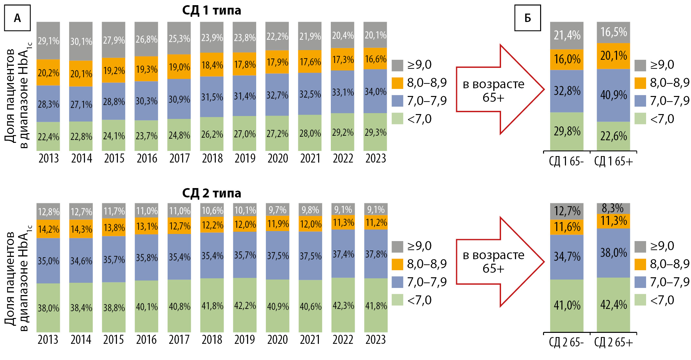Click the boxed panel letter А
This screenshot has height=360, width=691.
(x=17, y=18)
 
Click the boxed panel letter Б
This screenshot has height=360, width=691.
(x=528, y=18)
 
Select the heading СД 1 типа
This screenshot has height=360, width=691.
(x=212, y=10)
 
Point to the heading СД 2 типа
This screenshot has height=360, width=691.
(x=212, y=193)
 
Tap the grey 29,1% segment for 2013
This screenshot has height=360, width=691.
(x=48, y=41)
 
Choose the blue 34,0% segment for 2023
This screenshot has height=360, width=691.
(x=375, y=91)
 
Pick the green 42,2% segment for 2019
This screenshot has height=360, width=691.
(x=245, y=305)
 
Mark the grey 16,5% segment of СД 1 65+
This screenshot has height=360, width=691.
(x=613, y=32)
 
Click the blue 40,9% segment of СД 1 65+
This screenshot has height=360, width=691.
(x=613, y=95)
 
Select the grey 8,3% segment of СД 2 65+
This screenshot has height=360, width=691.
(x=613, y=208)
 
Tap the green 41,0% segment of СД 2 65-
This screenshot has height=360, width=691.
(x=567, y=305)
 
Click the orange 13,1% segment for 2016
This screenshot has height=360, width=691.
(x=147, y=226)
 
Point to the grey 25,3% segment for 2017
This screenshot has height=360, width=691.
(x=179, y=38)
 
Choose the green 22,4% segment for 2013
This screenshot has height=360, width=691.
(x=48, y=137)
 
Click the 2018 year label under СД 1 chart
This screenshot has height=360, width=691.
(x=212, y=158)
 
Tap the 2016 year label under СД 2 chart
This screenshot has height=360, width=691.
(x=146, y=340)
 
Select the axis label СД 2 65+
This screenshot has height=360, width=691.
(x=613, y=342)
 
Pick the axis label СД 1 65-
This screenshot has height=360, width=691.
(x=566, y=161)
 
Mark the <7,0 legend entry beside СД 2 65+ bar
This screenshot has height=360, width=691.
(x=656, y=300)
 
